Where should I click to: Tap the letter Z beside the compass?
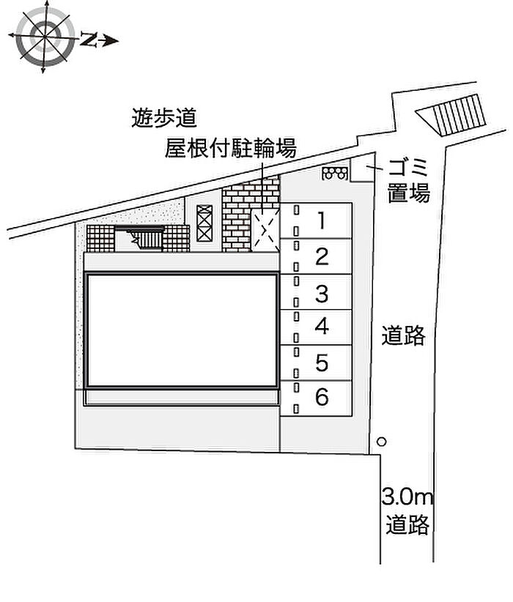tap(88, 40)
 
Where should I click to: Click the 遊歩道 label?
tap(165, 117)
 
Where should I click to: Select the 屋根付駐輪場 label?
tap(230, 149)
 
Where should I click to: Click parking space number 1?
tap(322, 219)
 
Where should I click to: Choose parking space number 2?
tap(322, 256)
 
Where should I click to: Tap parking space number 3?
tap(322, 294)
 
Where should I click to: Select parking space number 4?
tap(322, 327)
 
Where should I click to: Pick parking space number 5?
tap(322, 363)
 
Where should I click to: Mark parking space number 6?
tap(322, 398)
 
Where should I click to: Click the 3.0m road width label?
tap(407, 500)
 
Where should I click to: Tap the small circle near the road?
tap(381, 442)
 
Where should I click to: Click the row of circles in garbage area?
tap(335, 172)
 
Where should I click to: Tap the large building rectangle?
tap(182, 330)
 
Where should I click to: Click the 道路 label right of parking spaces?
tap(404, 336)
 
